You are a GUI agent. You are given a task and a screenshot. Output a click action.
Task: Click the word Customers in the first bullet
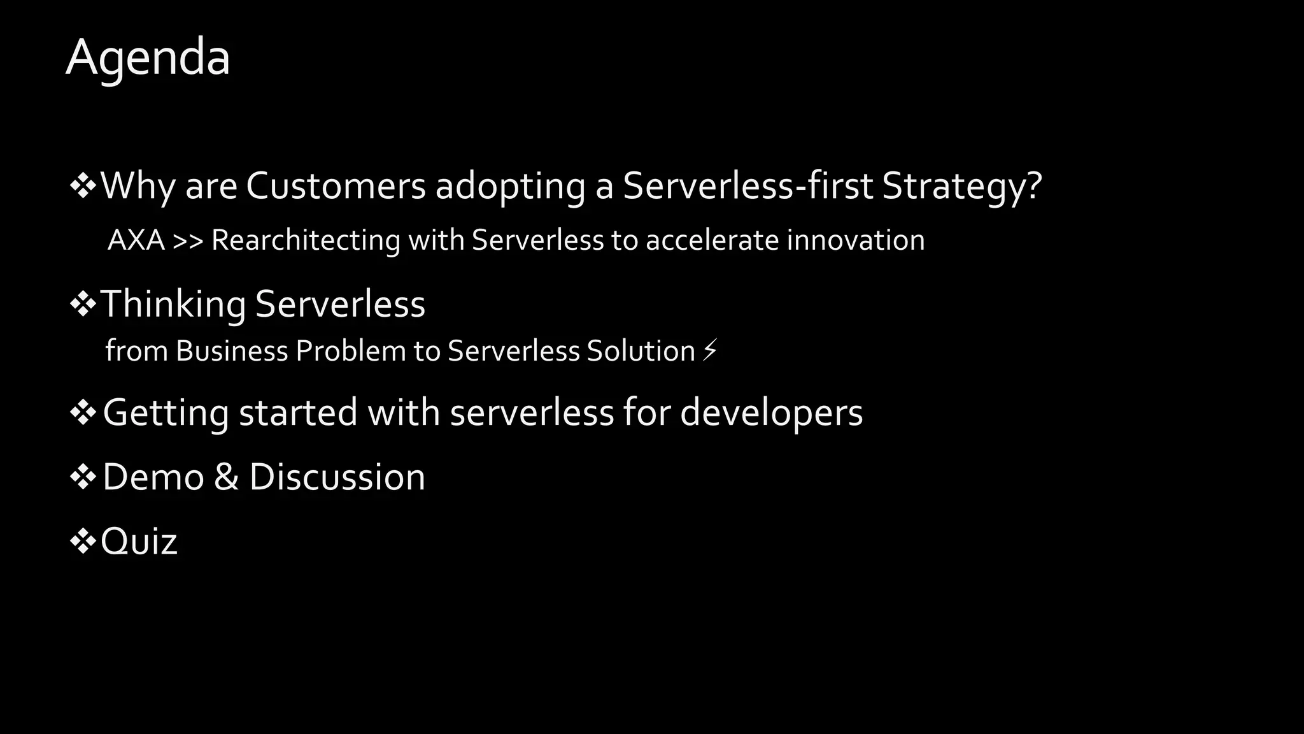click(x=336, y=186)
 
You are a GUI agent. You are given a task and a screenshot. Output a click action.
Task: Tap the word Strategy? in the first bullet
click(x=961, y=186)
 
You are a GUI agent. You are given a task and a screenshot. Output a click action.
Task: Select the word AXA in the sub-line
click(x=136, y=241)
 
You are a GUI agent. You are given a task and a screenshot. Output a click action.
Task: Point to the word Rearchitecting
click(x=305, y=241)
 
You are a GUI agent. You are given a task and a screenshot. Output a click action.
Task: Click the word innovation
click(x=855, y=241)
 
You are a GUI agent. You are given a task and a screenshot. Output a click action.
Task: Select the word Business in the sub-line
click(x=232, y=351)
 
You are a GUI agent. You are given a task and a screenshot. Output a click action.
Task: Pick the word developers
click(x=771, y=413)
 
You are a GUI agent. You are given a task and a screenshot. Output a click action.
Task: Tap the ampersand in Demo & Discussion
click(x=226, y=477)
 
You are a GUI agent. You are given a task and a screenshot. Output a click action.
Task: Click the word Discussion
click(x=337, y=477)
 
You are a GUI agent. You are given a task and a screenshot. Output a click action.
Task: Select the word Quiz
click(x=139, y=542)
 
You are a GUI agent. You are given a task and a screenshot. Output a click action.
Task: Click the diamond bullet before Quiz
click(x=83, y=542)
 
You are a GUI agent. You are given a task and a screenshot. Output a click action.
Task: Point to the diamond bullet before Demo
click(x=83, y=477)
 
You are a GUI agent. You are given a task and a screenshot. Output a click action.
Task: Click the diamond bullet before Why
click(x=83, y=186)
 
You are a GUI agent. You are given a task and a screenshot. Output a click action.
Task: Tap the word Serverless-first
click(x=748, y=186)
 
